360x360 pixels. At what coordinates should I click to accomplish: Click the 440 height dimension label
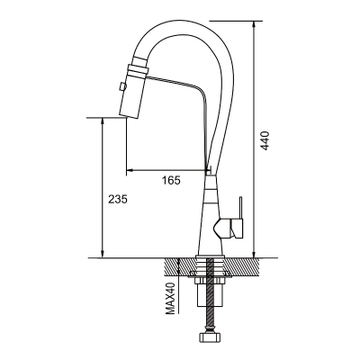point(265,140)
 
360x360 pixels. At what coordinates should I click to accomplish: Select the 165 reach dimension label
point(171,180)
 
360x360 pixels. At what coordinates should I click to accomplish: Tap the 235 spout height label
point(118,199)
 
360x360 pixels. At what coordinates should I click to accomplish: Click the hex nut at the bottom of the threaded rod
point(210,337)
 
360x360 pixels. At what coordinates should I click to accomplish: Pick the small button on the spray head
point(122,86)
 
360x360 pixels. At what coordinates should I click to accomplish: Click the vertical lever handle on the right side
point(240,208)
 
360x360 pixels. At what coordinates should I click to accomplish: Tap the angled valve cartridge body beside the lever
point(229,229)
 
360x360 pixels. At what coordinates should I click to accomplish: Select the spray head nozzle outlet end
point(130,116)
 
